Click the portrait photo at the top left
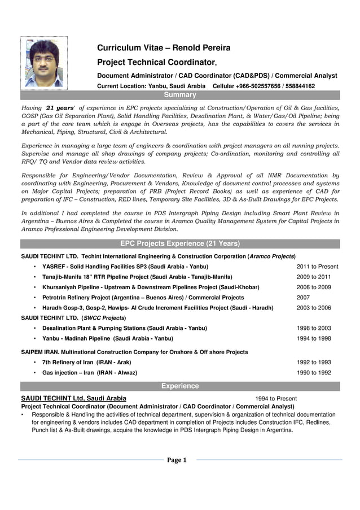(44, 63)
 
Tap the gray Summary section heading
(180, 95)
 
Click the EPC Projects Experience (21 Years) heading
(180, 244)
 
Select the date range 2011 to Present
(317, 267)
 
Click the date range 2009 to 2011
(314, 277)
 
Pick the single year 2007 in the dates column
(303, 298)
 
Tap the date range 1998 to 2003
(314, 328)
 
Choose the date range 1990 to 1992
(314, 373)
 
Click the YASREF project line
(125, 267)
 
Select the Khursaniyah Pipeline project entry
(151, 287)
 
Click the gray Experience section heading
(180, 386)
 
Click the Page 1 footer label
(177, 460)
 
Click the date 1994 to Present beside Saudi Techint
(275, 399)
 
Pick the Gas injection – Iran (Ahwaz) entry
(90, 373)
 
